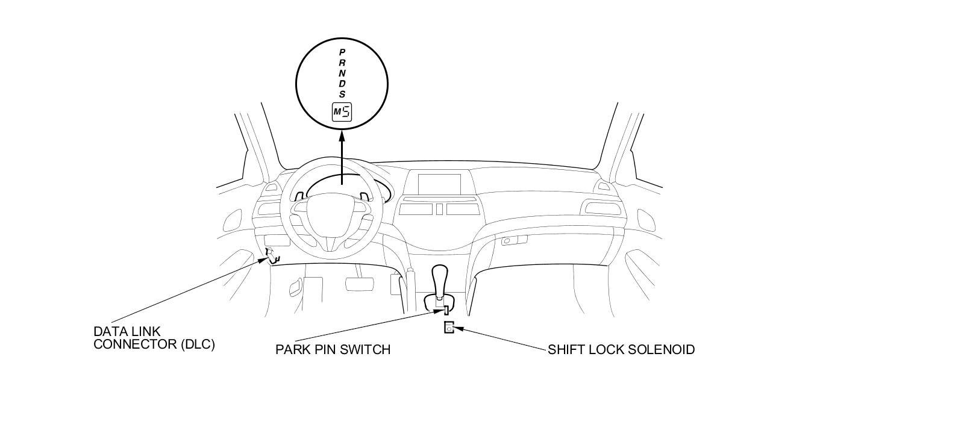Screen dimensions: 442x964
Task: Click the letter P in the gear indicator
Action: pyautogui.click(x=342, y=52)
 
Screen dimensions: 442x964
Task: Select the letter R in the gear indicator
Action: pyautogui.click(x=342, y=62)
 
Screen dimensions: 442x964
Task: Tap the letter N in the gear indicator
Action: pyautogui.click(x=342, y=73)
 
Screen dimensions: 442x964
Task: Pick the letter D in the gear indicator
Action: pyautogui.click(x=342, y=84)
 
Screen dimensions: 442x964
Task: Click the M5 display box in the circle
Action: pyautogui.click(x=342, y=112)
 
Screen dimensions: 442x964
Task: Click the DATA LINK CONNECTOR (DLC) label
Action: pyautogui.click(x=154, y=338)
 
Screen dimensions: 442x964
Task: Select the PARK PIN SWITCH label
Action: pyautogui.click(x=333, y=349)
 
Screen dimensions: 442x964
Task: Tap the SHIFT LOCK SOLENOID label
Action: pyautogui.click(x=621, y=349)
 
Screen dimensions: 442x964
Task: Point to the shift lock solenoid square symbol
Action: pyautogui.click(x=449, y=328)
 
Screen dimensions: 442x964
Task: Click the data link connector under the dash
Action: pyautogui.click(x=272, y=255)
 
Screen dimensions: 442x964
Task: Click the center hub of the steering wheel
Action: pyautogui.click(x=329, y=225)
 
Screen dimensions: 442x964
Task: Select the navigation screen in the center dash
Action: pyautogui.click(x=439, y=183)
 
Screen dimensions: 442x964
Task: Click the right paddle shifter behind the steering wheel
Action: pyautogui.click(x=364, y=196)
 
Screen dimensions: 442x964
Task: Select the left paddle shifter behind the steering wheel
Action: pyautogui.click(x=299, y=195)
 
